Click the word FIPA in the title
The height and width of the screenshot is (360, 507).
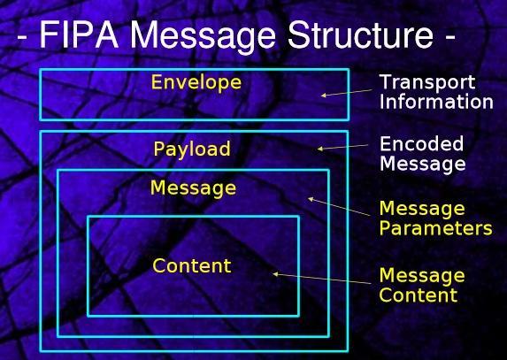[79, 34]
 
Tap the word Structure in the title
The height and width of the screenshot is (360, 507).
[360, 34]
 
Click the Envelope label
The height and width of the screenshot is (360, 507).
[196, 83]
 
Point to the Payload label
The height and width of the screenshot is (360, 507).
[192, 149]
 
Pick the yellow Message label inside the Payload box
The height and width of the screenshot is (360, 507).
[194, 188]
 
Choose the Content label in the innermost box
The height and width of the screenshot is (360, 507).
[192, 266]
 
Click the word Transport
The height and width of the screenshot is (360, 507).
[427, 83]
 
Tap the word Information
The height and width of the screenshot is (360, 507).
[436, 102]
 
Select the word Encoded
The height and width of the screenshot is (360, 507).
[422, 144]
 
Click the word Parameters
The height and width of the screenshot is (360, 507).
[436, 228]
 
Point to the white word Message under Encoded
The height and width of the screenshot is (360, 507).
[423, 164]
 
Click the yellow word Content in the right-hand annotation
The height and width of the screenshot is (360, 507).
[419, 295]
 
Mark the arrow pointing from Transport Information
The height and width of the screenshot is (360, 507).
[347, 93]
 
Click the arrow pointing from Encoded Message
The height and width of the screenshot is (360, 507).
[342, 147]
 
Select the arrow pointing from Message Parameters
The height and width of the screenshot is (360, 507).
[339, 206]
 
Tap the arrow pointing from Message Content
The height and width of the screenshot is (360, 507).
[322, 279]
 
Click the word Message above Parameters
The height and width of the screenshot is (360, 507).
[422, 209]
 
